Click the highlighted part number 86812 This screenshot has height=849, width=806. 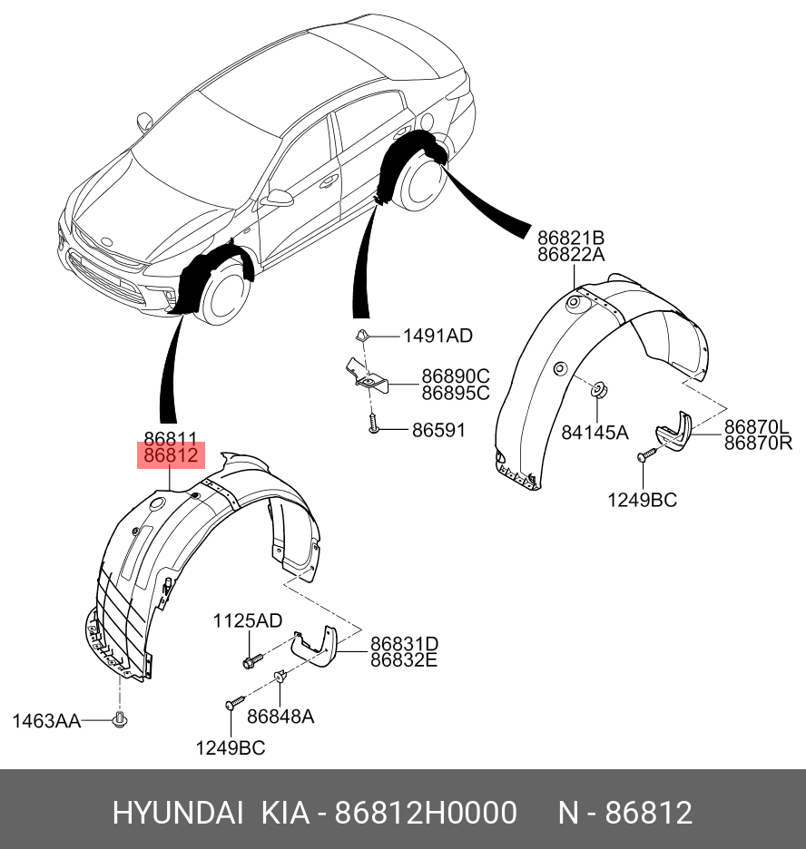tap(171, 456)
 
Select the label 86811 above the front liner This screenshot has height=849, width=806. tap(171, 438)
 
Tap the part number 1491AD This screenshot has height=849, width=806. tap(437, 336)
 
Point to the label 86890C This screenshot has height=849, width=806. tap(455, 376)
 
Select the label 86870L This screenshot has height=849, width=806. tap(758, 426)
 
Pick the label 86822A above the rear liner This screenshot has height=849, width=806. tap(570, 255)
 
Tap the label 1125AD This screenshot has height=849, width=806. tap(248, 620)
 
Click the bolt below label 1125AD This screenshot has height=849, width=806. tap(251, 659)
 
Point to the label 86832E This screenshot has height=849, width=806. tap(403, 660)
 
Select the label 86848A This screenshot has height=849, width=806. tap(280, 717)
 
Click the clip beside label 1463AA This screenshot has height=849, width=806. tap(119, 720)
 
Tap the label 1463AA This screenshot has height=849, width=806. tap(46, 721)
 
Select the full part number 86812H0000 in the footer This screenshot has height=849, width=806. tap(427, 812)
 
